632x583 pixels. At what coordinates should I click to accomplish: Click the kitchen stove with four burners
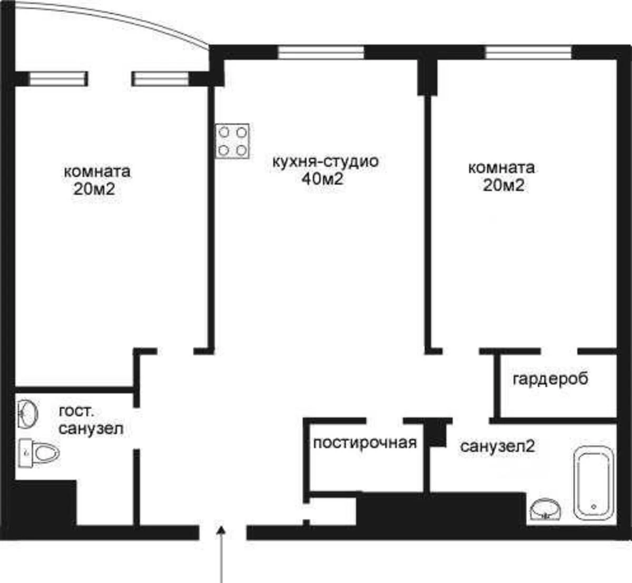(x=232, y=141)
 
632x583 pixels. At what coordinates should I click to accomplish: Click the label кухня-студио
(x=325, y=161)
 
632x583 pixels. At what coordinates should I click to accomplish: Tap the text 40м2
(x=322, y=179)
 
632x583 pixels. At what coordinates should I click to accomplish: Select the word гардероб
(x=550, y=378)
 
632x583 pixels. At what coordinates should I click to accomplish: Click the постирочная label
(x=365, y=443)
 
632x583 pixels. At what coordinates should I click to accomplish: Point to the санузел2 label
(x=497, y=446)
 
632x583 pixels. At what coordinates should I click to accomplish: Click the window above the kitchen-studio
(x=321, y=52)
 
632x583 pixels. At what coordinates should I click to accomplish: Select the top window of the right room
(x=528, y=52)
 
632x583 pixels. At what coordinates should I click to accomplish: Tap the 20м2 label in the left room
(x=94, y=189)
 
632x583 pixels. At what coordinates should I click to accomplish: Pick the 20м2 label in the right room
(x=503, y=186)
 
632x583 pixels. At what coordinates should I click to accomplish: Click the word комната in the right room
(x=501, y=168)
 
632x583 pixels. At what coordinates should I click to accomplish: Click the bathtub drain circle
(x=593, y=506)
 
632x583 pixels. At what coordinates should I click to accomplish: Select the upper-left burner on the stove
(x=224, y=132)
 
